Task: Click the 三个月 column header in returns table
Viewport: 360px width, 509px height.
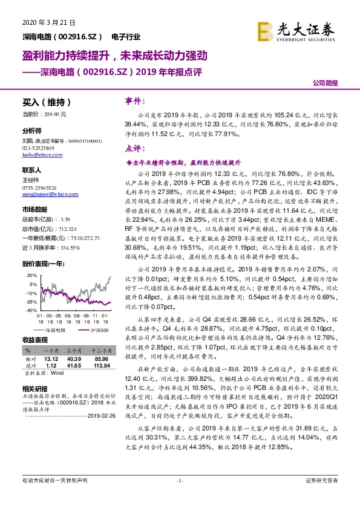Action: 74,349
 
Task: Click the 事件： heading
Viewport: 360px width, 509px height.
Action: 134,100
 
